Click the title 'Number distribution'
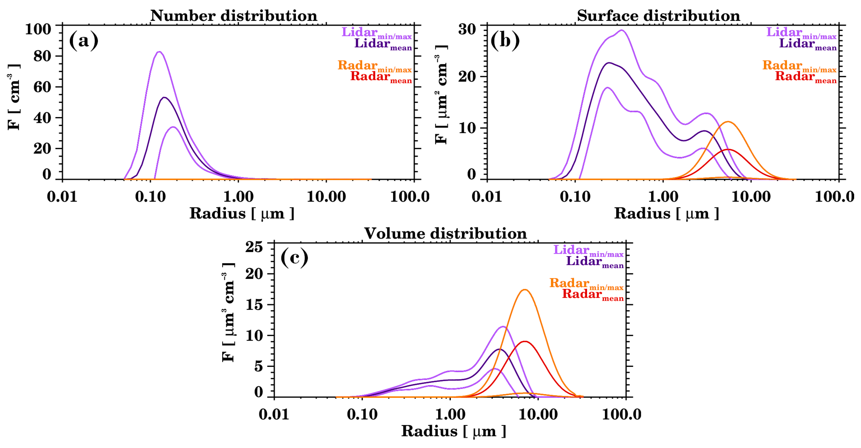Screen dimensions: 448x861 tap(234, 16)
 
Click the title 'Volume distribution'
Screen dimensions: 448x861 tap(445, 234)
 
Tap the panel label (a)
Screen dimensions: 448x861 tap(84, 40)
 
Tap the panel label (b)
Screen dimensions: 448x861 tap(505, 40)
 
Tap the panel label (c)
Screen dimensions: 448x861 tap(294, 258)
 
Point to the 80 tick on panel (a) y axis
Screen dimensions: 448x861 tap(42, 56)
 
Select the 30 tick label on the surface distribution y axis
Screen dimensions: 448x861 tap(467, 29)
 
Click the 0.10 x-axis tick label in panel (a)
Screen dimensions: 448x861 tap(150, 196)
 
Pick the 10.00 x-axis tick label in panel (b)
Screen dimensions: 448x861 tap(751, 196)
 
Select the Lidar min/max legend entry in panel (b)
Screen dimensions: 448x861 tap(801, 33)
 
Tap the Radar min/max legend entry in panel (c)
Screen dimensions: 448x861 tap(586, 284)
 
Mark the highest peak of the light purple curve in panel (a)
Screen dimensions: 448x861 tap(159, 52)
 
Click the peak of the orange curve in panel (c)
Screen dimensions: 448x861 tap(525, 290)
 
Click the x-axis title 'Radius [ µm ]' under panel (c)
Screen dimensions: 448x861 tap(453, 431)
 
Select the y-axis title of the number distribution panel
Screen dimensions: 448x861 tap(14, 97)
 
